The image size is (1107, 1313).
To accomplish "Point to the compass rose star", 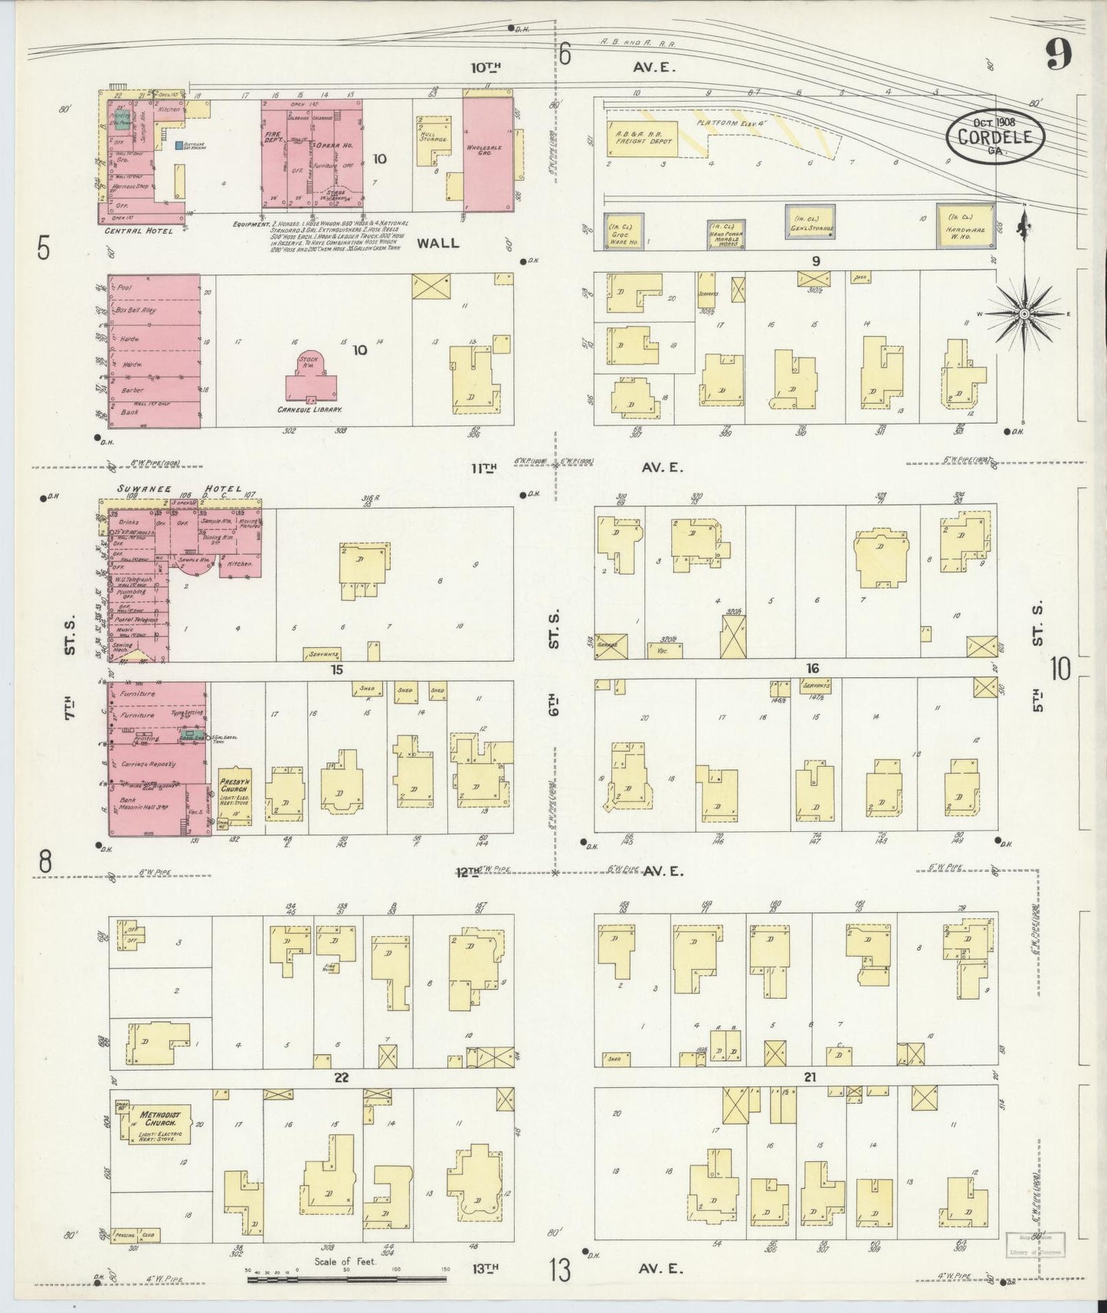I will click(1024, 314).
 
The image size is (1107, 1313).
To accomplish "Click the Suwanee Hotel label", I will click(179, 489).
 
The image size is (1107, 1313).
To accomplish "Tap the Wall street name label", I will click(438, 243).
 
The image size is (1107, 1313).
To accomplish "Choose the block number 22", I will click(341, 1077).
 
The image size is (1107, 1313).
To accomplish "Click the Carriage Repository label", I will click(147, 764).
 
